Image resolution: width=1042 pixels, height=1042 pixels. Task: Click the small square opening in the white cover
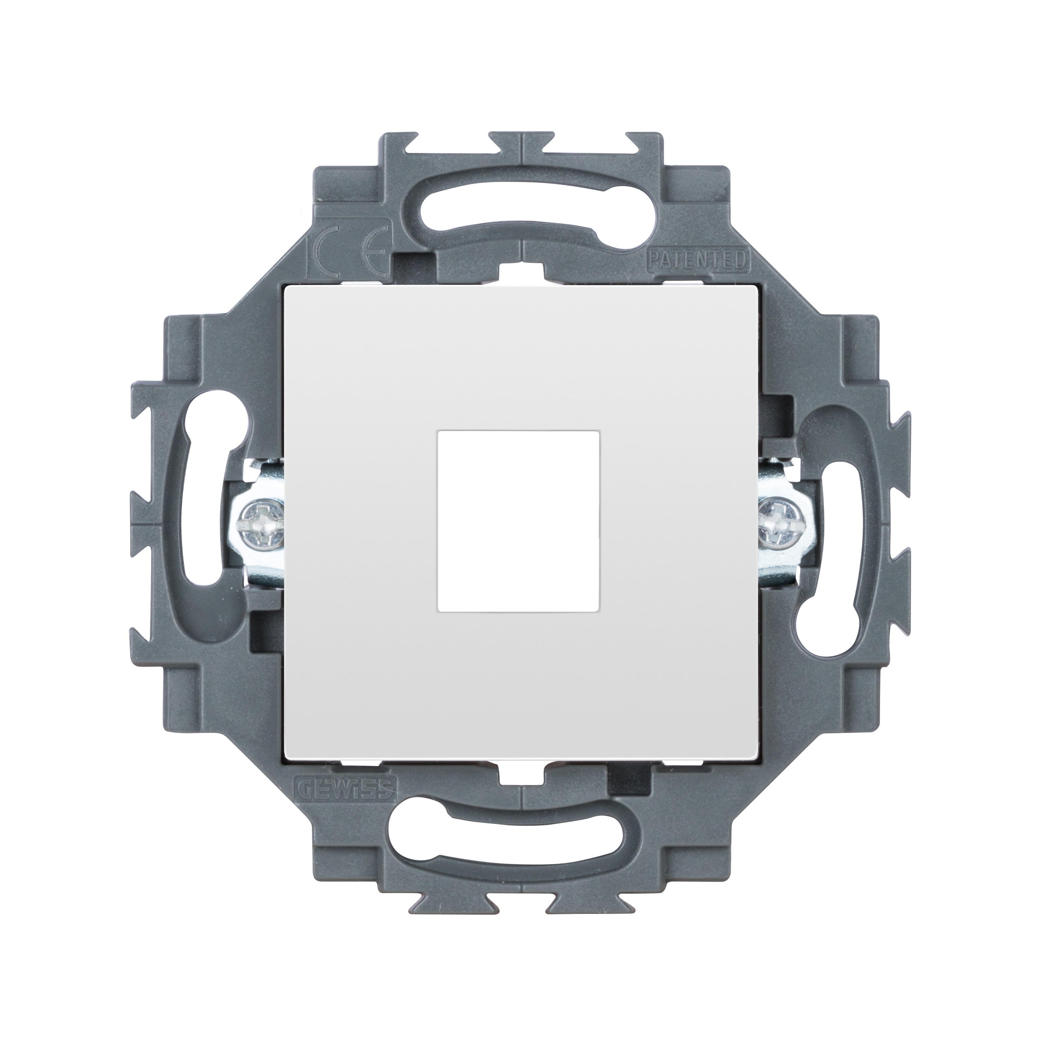[x=519, y=521]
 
